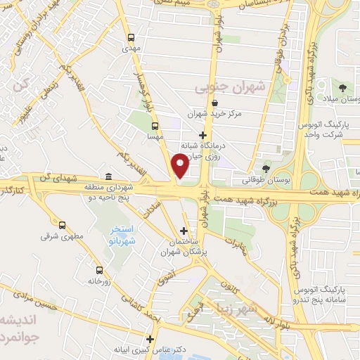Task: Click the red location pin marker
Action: [181, 165]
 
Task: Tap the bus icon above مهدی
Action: [131, 38]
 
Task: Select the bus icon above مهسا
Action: [155, 127]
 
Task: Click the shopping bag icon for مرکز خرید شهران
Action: [204, 103]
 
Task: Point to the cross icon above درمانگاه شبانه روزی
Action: [203, 134]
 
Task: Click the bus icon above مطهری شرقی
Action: [63, 226]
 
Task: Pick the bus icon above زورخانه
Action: [99, 269]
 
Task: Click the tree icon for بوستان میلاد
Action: [342, 88]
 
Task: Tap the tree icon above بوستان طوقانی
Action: [265, 169]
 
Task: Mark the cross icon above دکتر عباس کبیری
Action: [150, 338]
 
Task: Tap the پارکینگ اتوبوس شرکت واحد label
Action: [326, 129]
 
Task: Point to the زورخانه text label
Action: [100, 281]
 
